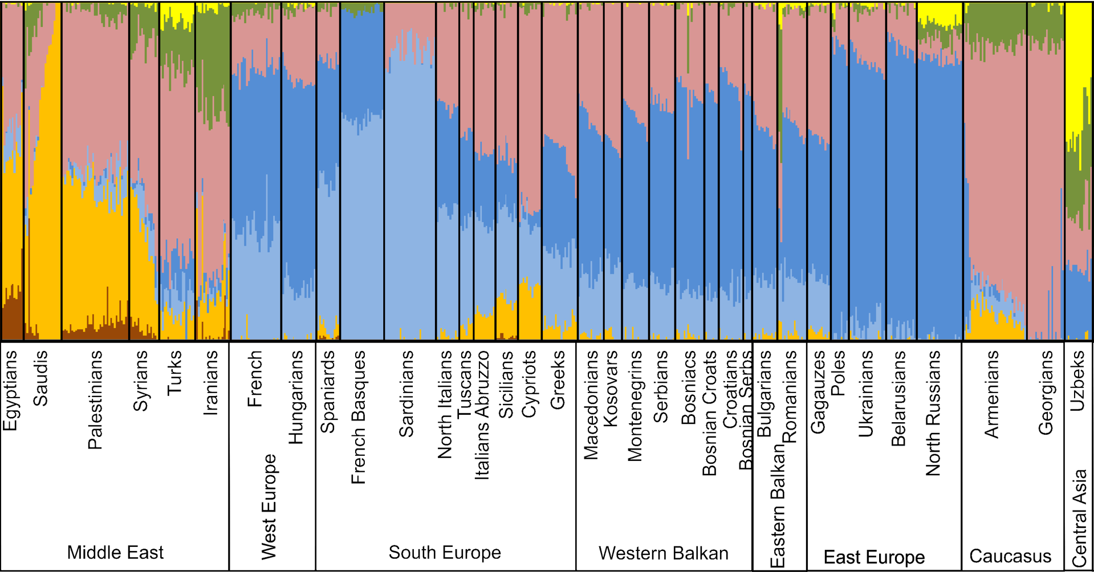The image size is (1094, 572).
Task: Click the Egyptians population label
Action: [x=11, y=390]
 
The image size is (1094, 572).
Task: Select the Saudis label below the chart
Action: [x=40, y=378]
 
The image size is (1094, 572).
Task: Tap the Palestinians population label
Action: [x=95, y=400]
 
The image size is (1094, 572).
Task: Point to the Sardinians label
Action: [x=406, y=394]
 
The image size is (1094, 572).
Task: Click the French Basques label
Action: [x=358, y=417]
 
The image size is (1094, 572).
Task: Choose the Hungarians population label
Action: [x=295, y=397]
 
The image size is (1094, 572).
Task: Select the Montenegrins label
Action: [x=635, y=406]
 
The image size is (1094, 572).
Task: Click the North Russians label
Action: [x=933, y=413]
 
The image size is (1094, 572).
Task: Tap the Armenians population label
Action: [x=992, y=394]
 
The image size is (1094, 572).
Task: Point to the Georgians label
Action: [x=1046, y=393]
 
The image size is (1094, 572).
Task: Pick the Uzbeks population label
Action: [x=1077, y=381]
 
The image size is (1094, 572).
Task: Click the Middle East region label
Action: [x=115, y=552]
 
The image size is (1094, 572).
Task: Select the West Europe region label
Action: [x=269, y=506]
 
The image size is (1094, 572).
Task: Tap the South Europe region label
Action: [x=445, y=552]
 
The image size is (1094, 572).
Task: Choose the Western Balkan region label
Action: [x=663, y=553]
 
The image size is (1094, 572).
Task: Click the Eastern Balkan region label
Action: [x=778, y=506]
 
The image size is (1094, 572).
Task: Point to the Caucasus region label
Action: [x=1010, y=555]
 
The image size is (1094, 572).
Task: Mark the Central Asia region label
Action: [x=1079, y=518]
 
